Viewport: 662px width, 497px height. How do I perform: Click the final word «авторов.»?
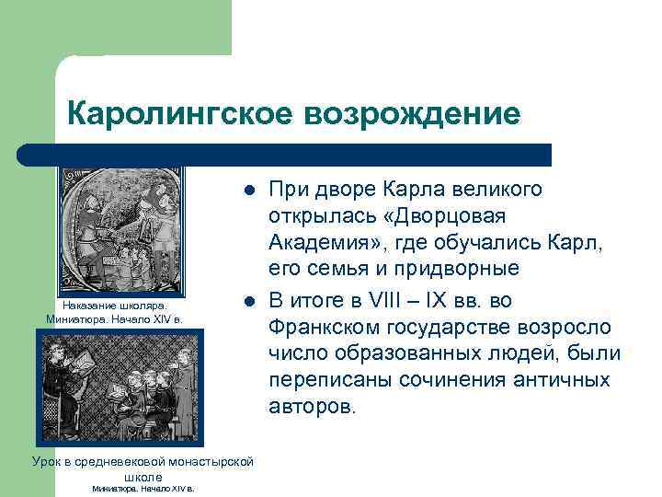310,408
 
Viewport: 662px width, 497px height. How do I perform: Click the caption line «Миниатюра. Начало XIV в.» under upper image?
114,319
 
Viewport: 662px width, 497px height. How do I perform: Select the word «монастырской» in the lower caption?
206,461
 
